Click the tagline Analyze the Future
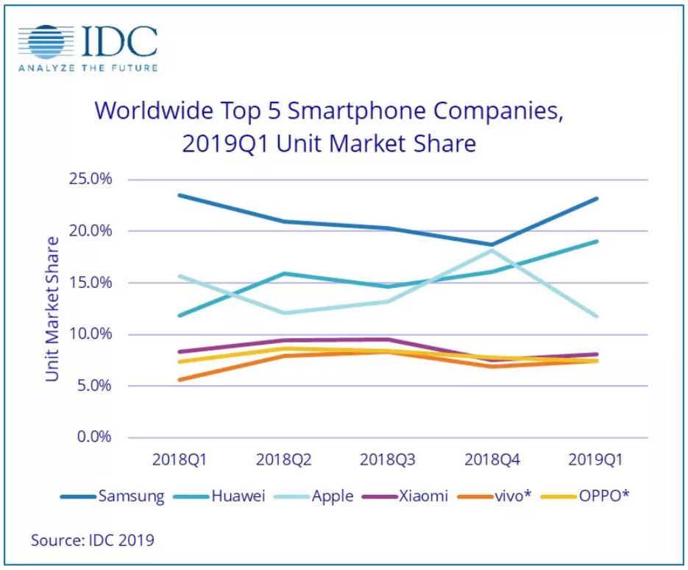click(x=88, y=68)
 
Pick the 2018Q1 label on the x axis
click(x=179, y=460)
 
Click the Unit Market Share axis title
click(x=52, y=309)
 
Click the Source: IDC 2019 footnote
click(x=93, y=540)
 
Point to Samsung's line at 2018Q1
click(x=179, y=195)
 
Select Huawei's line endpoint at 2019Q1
click(x=596, y=241)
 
